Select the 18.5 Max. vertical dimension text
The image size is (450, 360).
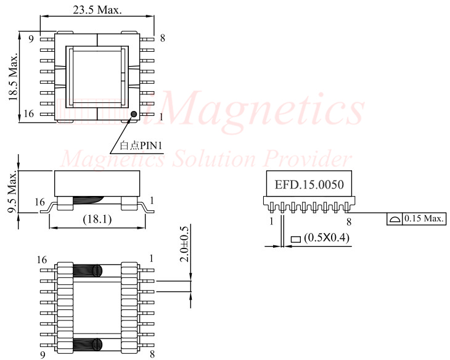point(13,76)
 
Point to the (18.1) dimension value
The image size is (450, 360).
point(97,219)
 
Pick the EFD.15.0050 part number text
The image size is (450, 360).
point(308,184)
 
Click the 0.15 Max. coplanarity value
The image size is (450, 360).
point(423,219)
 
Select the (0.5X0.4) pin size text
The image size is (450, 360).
point(326,237)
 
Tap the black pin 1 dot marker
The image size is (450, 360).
point(133,113)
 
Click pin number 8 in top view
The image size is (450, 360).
point(162,38)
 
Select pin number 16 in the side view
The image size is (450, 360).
point(40,202)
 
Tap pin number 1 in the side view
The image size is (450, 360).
point(152,201)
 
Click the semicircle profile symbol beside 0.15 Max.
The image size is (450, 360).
point(395,219)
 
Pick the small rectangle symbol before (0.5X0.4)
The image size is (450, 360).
point(295,237)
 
